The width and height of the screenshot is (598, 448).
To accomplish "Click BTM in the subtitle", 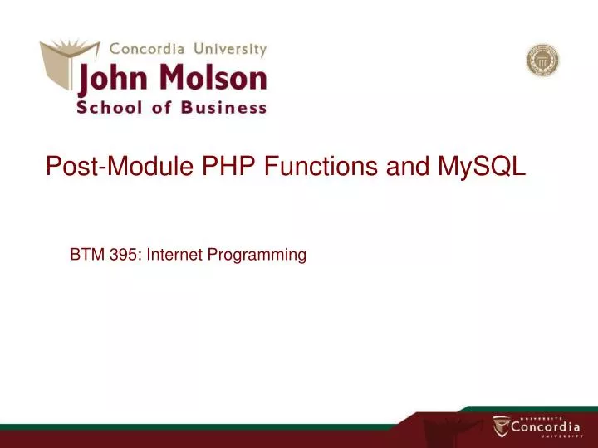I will tap(86, 256).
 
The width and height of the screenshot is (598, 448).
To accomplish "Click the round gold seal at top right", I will tap(542, 61).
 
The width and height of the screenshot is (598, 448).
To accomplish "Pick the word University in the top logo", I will tap(226, 49).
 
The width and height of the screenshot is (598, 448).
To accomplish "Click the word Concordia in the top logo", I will tap(145, 49).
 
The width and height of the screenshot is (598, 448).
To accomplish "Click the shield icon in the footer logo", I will tap(500, 426).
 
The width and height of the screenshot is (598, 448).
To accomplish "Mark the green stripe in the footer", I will tap(249, 426).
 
